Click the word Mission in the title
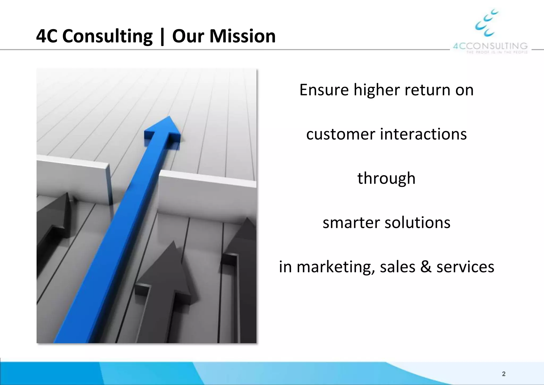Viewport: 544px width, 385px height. pos(242,36)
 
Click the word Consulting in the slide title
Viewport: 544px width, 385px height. pos(107,36)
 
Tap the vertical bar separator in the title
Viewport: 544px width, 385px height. pos(162,36)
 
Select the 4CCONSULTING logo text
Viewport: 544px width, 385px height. pos(490,46)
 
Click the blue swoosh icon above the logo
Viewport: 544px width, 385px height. pos(486,23)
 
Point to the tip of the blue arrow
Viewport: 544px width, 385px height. pos(169,117)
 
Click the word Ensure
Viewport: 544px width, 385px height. pos(324,90)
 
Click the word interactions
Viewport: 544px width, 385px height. pos(423,134)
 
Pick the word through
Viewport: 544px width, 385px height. pos(386,178)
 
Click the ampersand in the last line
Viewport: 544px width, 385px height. pos(426,267)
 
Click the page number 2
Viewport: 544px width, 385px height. pos(504,374)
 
